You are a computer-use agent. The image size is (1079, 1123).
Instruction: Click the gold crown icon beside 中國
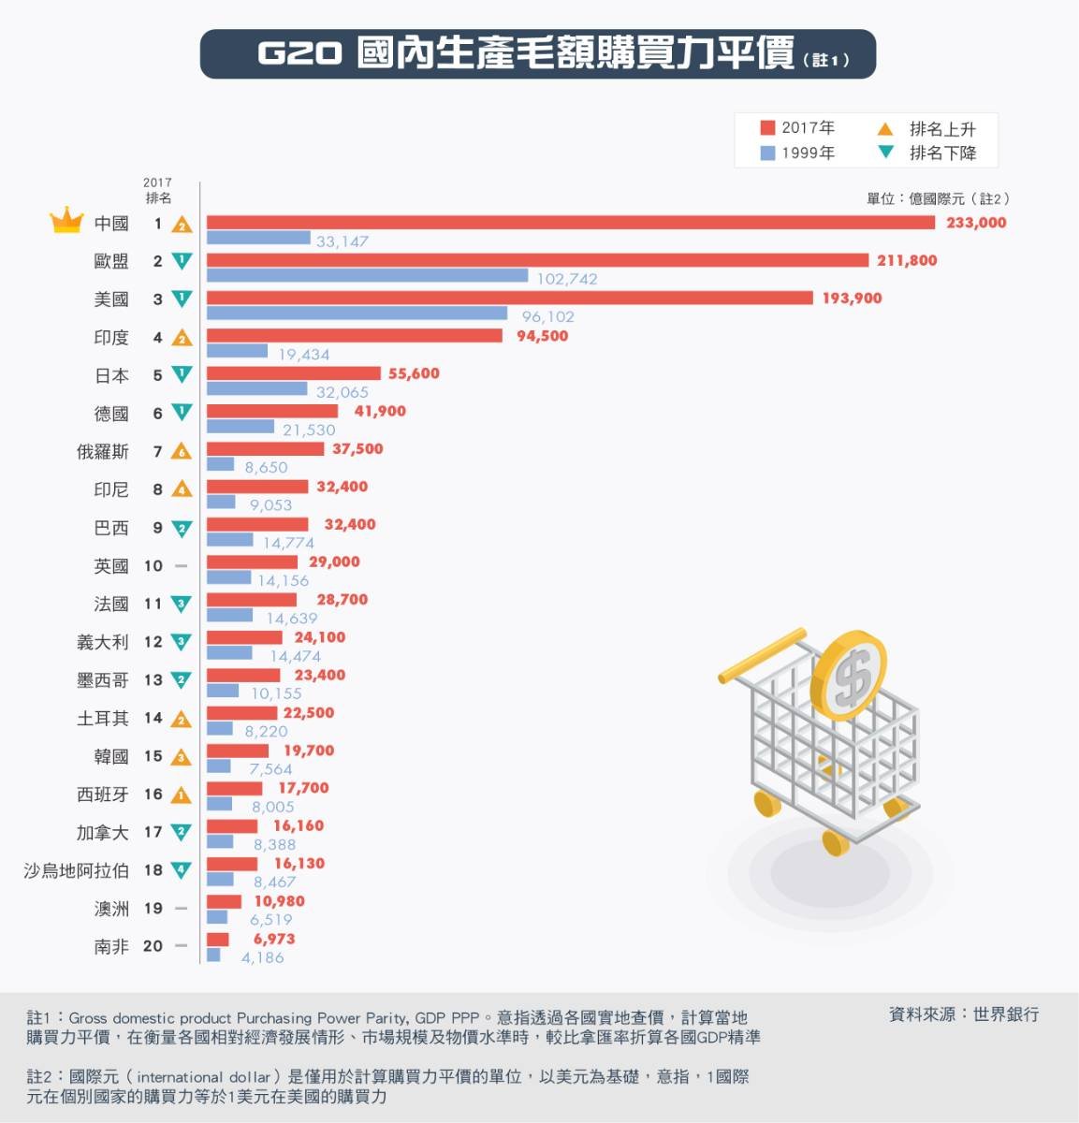pyautogui.click(x=66, y=222)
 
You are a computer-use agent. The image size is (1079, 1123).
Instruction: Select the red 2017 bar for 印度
pyautogui.click(x=354, y=335)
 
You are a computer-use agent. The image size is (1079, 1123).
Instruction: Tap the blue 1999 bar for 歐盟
pyautogui.click(x=367, y=275)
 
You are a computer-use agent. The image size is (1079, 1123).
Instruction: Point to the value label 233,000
pyautogui.click(x=976, y=223)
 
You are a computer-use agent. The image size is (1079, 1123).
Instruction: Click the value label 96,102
pyautogui.click(x=547, y=316)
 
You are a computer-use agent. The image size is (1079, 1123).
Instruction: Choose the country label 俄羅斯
pyautogui.click(x=103, y=452)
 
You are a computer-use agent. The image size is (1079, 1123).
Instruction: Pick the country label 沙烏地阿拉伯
pyautogui.click(x=77, y=870)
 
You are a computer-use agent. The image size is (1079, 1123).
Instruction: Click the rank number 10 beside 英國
pyautogui.click(x=153, y=566)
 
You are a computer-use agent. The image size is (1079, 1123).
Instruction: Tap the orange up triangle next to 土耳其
pyautogui.click(x=182, y=719)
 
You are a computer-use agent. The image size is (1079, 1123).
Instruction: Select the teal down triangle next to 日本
pyautogui.click(x=182, y=374)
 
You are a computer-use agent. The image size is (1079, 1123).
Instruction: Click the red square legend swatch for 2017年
pyautogui.click(x=767, y=127)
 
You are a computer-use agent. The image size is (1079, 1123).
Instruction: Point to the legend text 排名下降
pyautogui.click(x=942, y=153)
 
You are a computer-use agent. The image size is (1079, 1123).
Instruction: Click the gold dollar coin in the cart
pyautogui.click(x=848, y=673)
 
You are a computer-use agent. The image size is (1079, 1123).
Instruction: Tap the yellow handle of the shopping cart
pyautogui.click(x=761, y=655)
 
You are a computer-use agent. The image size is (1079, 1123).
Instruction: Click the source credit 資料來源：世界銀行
pyautogui.click(x=963, y=1014)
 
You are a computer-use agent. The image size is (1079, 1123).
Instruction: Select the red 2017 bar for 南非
pyautogui.click(x=217, y=939)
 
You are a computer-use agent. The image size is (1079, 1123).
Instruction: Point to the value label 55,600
pyautogui.click(x=414, y=373)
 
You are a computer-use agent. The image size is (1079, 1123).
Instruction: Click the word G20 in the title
pyautogui.click(x=299, y=54)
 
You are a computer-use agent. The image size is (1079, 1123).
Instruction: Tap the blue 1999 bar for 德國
pyautogui.click(x=240, y=426)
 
